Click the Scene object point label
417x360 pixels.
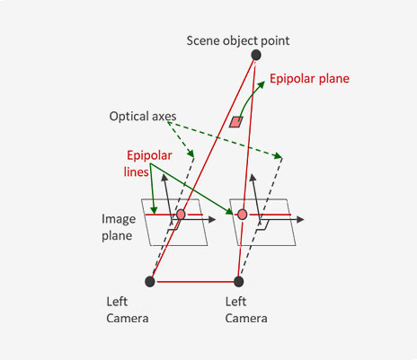(238, 41)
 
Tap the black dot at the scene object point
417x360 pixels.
(256, 55)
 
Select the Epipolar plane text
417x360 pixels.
(309, 79)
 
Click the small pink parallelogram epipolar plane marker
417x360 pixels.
(236, 122)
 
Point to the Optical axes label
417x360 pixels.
(143, 116)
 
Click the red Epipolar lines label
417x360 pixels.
(148, 163)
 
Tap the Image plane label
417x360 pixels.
(119, 227)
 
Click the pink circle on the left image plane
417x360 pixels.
(181, 215)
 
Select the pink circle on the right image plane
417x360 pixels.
(242, 215)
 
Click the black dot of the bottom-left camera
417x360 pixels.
(150, 282)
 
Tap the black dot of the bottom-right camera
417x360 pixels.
(238, 282)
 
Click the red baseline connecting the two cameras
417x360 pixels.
(195, 282)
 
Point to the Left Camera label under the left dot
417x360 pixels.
(128, 310)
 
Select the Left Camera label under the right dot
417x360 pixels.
(246, 310)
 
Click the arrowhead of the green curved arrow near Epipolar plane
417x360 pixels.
(262, 84)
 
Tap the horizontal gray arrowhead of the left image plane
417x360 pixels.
(212, 220)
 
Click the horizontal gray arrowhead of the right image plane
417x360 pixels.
(300, 220)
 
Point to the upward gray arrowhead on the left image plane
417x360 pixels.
(164, 178)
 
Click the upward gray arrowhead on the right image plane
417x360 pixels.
(253, 178)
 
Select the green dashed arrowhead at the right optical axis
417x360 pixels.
(279, 155)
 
